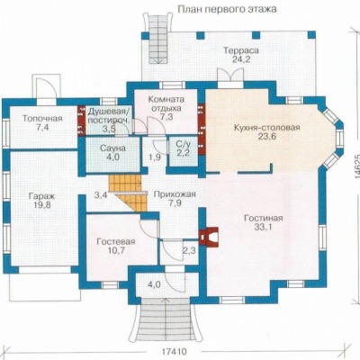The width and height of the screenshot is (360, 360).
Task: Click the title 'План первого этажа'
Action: pos(227,9)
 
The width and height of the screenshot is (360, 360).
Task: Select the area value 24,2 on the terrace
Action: pos(241,59)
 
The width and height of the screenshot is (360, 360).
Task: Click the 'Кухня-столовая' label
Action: pos(267,128)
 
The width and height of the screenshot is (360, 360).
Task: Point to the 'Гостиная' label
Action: pos(263,218)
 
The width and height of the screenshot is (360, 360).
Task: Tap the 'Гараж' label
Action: pos(41,196)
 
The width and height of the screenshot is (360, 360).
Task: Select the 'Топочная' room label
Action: pos(42,119)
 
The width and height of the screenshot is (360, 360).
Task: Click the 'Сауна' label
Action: pos(113,148)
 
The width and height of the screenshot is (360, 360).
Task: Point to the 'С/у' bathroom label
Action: pos(183,144)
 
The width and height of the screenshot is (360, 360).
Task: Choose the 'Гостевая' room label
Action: pos(116,241)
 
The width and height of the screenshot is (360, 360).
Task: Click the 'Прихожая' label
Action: pos(175,194)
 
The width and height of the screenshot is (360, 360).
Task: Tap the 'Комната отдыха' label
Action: pos(166,103)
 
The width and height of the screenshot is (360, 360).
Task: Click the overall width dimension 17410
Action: pos(175,351)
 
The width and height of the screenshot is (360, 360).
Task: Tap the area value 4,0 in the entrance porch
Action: pos(153,284)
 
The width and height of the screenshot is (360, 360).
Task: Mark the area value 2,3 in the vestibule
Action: pos(189,250)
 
